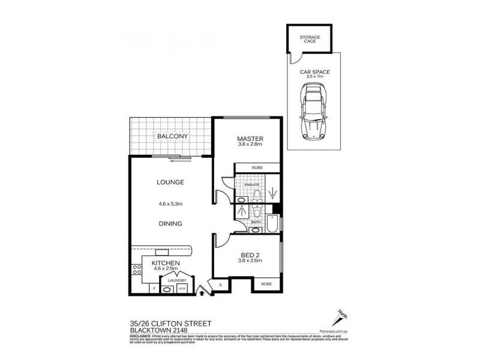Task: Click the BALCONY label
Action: [173, 136]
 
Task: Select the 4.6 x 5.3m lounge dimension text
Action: [170, 204]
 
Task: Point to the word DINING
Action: [170, 223]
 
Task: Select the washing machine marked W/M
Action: [181, 289]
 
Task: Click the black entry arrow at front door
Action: [202, 293]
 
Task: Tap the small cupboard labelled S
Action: [220, 285]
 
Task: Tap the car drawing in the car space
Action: [314, 111]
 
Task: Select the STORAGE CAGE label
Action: [310, 40]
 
